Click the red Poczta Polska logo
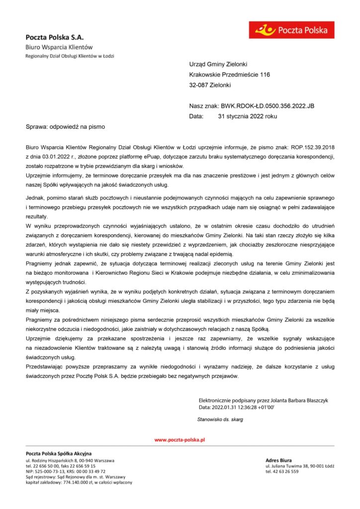[x=291, y=30]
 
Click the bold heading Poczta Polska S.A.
[x=55, y=37]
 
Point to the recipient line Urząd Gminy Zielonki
[x=218, y=64]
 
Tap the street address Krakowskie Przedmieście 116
[x=229, y=75]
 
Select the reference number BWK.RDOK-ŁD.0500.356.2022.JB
[x=268, y=106]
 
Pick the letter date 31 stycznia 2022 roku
[x=247, y=116]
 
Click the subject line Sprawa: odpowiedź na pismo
[x=65, y=127]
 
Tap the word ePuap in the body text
[x=147, y=157]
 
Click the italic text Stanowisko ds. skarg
[x=220, y=420]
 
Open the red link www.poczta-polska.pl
[x=180, y=440]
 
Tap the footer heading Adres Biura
[x=279, y=460]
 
